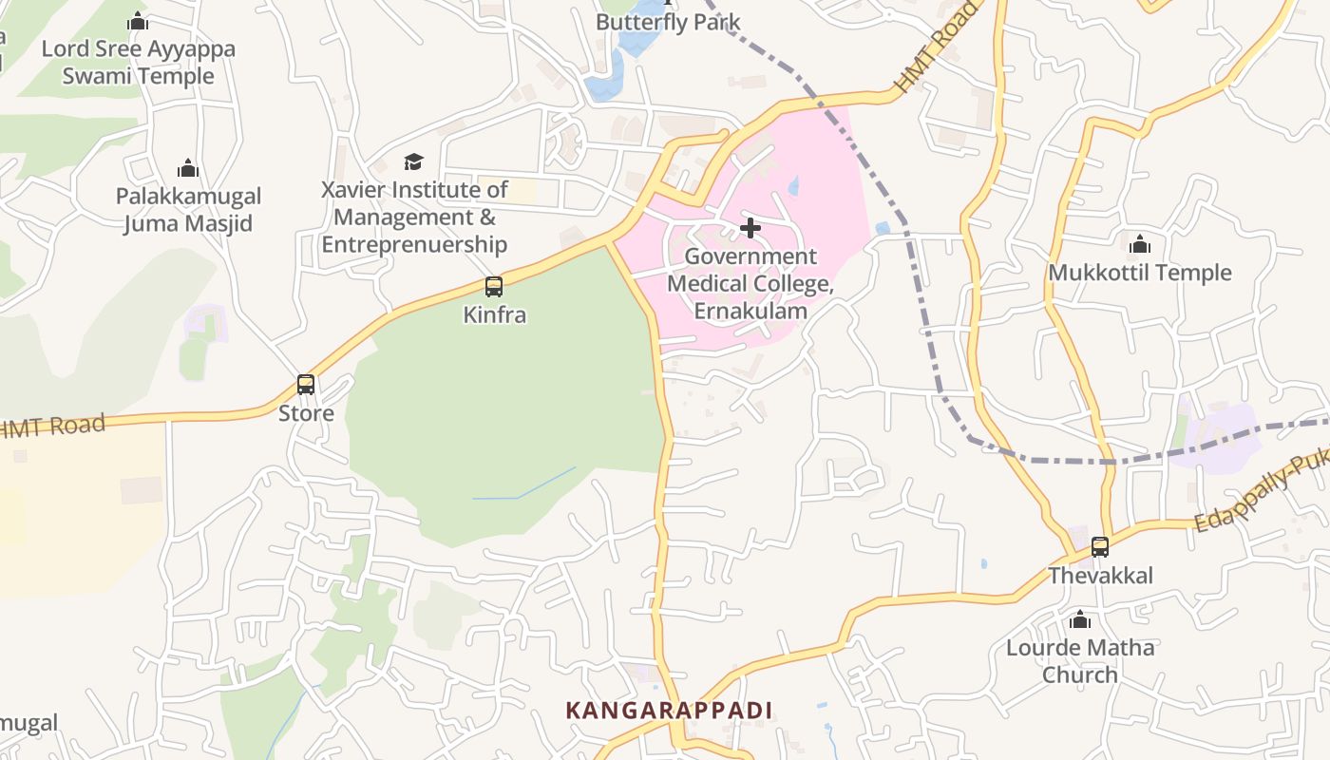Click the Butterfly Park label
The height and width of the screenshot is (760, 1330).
(x=668, y=23)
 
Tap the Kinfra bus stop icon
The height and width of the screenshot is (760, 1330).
(x=494, y=286)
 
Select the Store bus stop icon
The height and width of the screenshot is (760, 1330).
(x=306, y=385)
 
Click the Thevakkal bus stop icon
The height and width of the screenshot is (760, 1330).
(x=1100, y=547)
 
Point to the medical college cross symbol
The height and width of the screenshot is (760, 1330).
(x=750, y=228)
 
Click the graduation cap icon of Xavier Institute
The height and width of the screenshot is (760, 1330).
(x=413, y=161)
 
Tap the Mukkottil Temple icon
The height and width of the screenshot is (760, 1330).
(x=1140, y=244)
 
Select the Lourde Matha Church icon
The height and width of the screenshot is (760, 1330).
(x=1079, y=620)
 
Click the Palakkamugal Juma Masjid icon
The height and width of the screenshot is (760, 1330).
(x=188, y=168)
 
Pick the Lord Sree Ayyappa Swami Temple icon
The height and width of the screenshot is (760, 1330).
(x=138, y=21)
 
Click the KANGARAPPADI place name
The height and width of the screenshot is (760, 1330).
(x=669, y=711)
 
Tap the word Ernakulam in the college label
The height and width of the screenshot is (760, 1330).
(x=750, y=311)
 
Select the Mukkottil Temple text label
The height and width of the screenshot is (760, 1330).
(x=1140, y=273)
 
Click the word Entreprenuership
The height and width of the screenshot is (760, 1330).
(x=414, y=244)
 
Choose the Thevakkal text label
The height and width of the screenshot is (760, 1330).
(x=1100, y=576)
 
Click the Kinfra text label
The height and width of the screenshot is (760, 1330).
(x=494, y=314)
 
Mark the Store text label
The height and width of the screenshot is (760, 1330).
(x=306, y=413)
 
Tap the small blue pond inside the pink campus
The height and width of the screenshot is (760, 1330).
(x=793, y=186)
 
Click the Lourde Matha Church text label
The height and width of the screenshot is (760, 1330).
(x=1080, y=661)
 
